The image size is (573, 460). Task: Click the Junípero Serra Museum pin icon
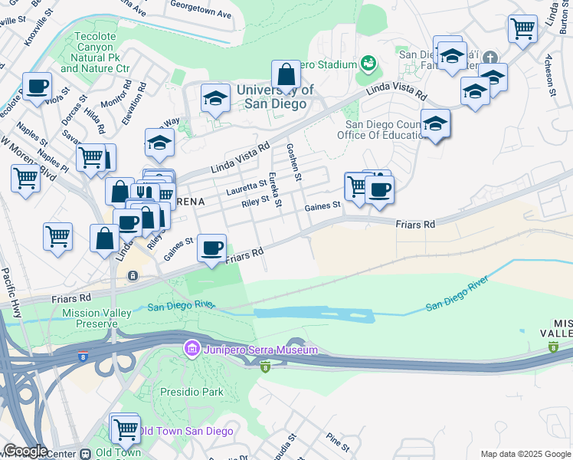coord(192,350)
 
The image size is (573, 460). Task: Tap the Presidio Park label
coord(192,392)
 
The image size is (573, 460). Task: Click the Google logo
coord(25,451)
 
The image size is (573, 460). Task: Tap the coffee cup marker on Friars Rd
coord(211,248)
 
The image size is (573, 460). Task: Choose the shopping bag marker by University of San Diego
coord(286,75)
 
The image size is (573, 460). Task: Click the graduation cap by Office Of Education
coord(435,123)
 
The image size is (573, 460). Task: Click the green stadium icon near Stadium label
coord(368,61)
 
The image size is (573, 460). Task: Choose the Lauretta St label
coord(245,185)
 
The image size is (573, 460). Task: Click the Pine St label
coord(337,443)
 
